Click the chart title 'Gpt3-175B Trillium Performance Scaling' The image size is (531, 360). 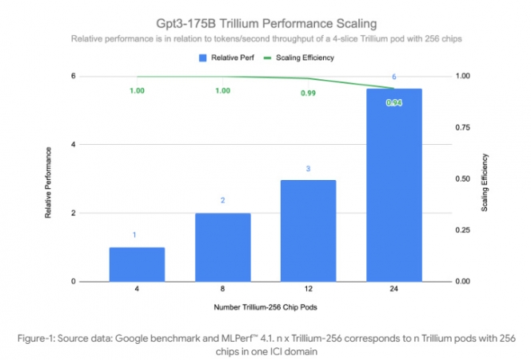pos(265,21)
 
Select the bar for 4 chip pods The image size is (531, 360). pos(137,264)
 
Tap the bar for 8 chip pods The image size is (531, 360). pos(222,247)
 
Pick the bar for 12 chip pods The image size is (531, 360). pos(308,230)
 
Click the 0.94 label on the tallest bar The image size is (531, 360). pos(393,103)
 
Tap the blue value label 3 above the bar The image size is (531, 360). pos(308,169)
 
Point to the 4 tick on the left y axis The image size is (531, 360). pos(74,145)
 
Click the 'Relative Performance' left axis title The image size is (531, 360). pos(49,183)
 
